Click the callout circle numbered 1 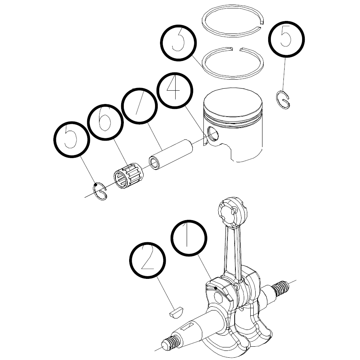click(189, 238)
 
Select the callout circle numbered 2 click(148, 260)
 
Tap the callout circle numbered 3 click(178, 43)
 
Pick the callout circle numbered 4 click(175, 91)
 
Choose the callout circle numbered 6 click(106, 122)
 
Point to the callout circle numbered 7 click(139, 106)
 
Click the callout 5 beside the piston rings click(286, 39)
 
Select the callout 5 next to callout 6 click(72, 139)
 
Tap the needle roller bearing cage click(129, 176)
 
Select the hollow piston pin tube click(171, 154)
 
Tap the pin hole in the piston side click(213, 134)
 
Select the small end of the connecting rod click(232, 212)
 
